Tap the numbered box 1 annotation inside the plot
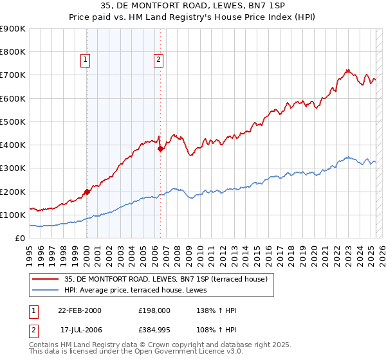click(86, 60)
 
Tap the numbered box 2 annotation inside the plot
click(158, 60)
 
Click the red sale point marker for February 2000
click(87, 192)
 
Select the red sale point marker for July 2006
click(160, 148)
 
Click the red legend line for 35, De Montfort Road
click(45, 278)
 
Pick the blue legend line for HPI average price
click(45, 290)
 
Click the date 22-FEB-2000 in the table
click(80, 310)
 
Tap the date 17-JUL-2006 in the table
click(80, 330)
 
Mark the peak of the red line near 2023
click(347, 69)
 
